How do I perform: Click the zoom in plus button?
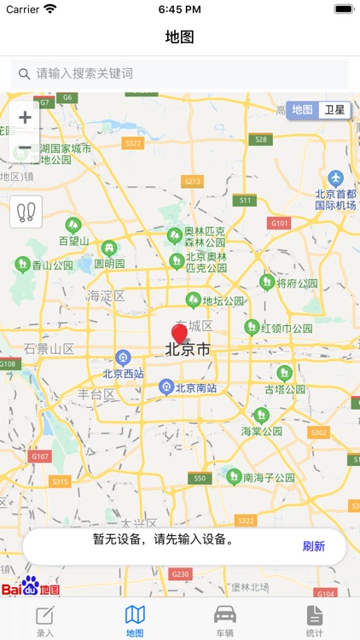pyautogui.click(x=26, y=118)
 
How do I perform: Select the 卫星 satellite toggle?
pyautogui.click(x=334, y=110)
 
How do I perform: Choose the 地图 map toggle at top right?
pyautogui.click(x=303, y=110)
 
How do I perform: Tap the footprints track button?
pyautogui.click(x=26, y=212)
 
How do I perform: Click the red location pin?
pyautogui.click(x=179, y=335)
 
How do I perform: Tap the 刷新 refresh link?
pyautogui.click(x=313, y=546)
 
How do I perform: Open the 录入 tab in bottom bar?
pyautogui.click(x=45, y=620)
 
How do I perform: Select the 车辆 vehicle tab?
pyautogui.click(x=225, y=620)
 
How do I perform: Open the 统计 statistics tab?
pyautogui.click(x=315, y=620)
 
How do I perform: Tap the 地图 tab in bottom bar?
pyautogui.click(x=135, y=620)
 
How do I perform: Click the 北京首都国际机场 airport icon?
pyautogui.click(x=335, y=178)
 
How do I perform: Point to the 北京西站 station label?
pyautogui.click(x=124, y=373)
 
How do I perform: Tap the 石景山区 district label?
pyautogui.click(x=49, y=348)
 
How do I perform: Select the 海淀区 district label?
pyautogui.click(x=106, y=296)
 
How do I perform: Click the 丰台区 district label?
pyautogui.click(x=96, y=394)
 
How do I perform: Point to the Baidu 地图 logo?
pyautogui.click(x=31, y=587)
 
